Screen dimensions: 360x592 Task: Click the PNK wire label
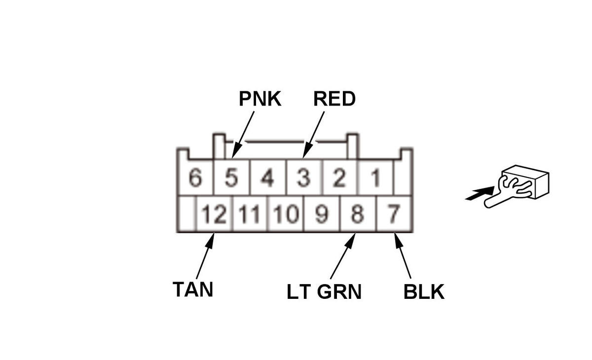click(260, 99)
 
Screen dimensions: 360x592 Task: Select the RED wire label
click(334, 99)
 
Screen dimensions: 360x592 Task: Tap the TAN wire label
click(193, 289)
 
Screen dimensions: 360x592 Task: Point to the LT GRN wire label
click(324, 292)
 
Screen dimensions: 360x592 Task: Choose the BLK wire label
click(424, 292)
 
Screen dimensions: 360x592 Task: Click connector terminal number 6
click(195, 178)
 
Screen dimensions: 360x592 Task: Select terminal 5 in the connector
click(231, 178)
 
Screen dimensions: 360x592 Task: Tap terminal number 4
click(267, 178)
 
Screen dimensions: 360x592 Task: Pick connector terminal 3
click(303, 178)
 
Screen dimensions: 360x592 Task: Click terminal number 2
click(339, 178)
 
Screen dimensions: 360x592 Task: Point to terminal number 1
click(375, 178)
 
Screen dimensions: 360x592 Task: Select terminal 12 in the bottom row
click(214, 215)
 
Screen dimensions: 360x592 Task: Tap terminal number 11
click(250, 215)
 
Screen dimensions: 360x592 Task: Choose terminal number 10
click(286, 215)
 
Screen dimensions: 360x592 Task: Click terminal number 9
click(322, 215)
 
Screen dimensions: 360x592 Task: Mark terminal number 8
click(358, 215)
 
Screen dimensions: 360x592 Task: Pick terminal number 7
click(393, 215)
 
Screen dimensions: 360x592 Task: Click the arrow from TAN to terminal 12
click(205, 256)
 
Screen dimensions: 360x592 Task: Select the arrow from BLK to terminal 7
click(403, 256)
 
